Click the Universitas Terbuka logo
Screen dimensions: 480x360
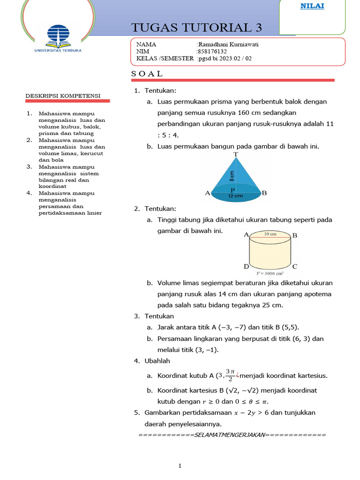pyautogui.click(x=58, y=38)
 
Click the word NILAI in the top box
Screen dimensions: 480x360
pyautogui.click(x=315, y=6)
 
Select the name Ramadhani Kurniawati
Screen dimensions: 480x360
pyautogui.click(x=229, y=45)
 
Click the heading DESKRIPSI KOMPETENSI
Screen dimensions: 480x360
pyautogui.click(x=63, y=96)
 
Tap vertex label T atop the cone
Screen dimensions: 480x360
pyautogui.click(x=235, y=154)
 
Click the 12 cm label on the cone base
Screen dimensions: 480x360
pyautogui.click(x=236, y=197)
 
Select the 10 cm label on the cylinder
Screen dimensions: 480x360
pyautogui.click(x=270, y=233)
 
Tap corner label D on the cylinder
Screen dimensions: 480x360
pyautogui.click(x=246, y=266)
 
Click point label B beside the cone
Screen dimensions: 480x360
pyautogui.click(x=264, y=193)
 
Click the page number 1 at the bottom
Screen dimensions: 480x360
pyautogui.click(x=180, y=466)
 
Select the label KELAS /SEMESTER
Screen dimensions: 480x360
pyautogui.click(x=165, y=59)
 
